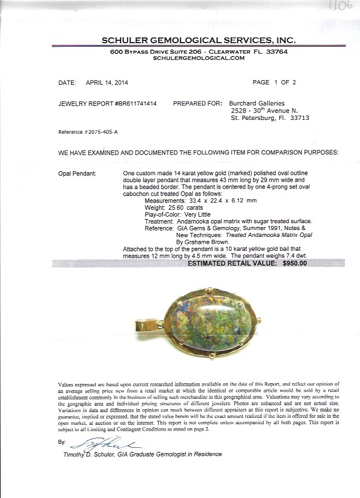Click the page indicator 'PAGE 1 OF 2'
[274, 82]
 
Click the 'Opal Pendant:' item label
[78, 173]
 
